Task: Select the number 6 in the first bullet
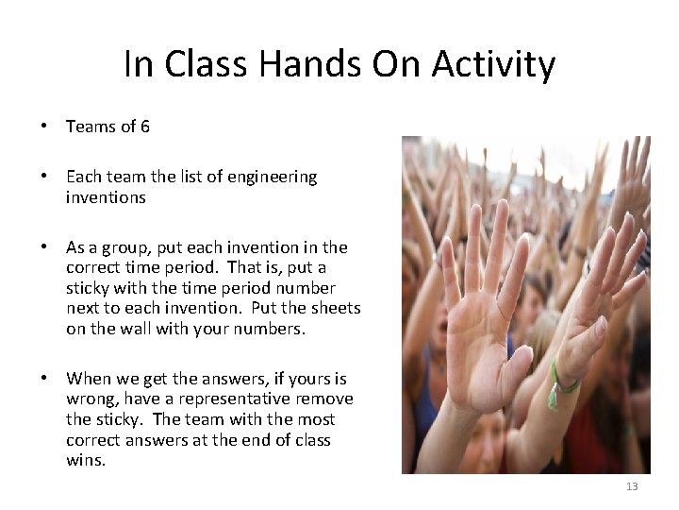[x=144, y=126]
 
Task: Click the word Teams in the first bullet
[x=91, y=126]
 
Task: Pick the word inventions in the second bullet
[x=106, y=197]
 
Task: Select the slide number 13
[x=632, y=486]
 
